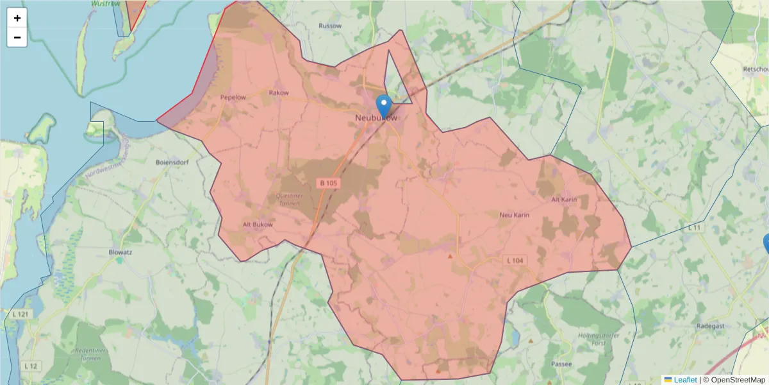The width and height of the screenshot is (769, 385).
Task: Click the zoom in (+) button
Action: click(x=17, y=18)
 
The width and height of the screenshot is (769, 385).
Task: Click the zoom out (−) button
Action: click(x=17, y=37)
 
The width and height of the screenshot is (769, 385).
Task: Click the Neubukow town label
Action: click(x=376, y=119)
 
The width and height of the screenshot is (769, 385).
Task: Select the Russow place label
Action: click(x=330, y=26)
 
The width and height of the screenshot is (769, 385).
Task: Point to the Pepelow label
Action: click(x=233, y=98)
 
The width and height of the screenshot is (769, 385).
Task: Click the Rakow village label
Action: click(x=279, y=93)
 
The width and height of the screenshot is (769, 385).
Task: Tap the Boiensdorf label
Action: click(x=170, y=162)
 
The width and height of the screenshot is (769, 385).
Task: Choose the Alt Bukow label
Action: click(x=258, y=225)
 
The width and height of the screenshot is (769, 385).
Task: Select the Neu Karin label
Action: click(x=514, y=215)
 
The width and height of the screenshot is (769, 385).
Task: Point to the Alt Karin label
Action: click(x=564, y=200)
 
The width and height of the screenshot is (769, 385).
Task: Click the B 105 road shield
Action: click(x=328, y=184)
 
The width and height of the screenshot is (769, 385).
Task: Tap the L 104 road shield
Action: click(x=515, y=260)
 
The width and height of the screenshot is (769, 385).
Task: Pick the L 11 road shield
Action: click(x=695, y=228)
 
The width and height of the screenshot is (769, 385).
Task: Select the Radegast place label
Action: click(x=710, y=326)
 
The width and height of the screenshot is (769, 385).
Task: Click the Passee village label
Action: click(x=561, y=363)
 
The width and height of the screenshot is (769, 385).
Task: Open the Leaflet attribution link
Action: click(x=684, y=380)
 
